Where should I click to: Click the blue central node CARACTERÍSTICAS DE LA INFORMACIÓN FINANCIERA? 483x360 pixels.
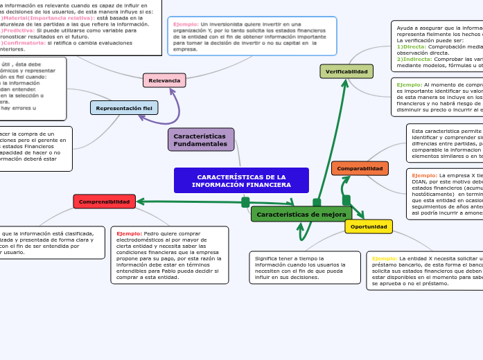coord(241,181)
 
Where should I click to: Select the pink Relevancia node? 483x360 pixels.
coord(164,80)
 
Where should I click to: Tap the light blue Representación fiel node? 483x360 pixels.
coord(124,108)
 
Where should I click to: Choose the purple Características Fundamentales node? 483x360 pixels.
coord(200,140)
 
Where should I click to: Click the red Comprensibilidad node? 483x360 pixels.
coord(104,201)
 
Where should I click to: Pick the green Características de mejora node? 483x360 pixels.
coord(301,215)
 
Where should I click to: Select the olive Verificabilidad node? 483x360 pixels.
coord(346,71)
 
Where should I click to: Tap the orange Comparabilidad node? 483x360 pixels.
coord(360,168)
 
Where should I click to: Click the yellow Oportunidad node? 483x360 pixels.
coord(369,226)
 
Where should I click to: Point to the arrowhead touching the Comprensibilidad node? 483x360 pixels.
coord(140,201)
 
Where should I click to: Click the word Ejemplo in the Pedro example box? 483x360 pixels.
coord(129,234)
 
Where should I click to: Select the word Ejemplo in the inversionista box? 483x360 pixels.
coord(186,24)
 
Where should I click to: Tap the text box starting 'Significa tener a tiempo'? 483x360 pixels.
coord(305,267)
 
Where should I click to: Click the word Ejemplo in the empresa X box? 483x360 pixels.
coord(424,176)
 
